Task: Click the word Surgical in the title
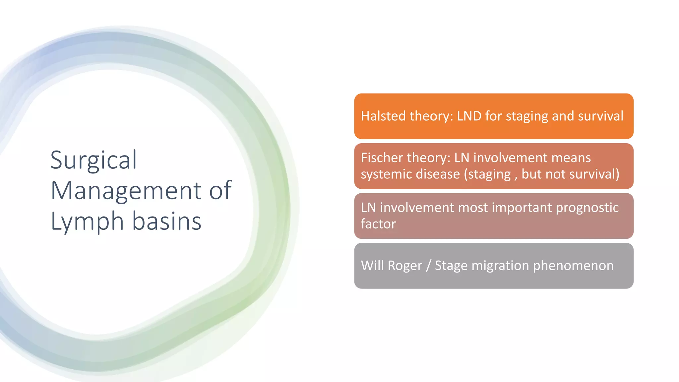(x=93, y=160)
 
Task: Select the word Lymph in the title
(x=87, y=222)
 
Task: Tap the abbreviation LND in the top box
(x=469, y=116)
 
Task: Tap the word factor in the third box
(x=378, y=224)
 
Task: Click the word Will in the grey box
(x=372, y=266)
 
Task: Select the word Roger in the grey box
(x=405, y=266)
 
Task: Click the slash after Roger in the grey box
(x=429, y=266)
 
